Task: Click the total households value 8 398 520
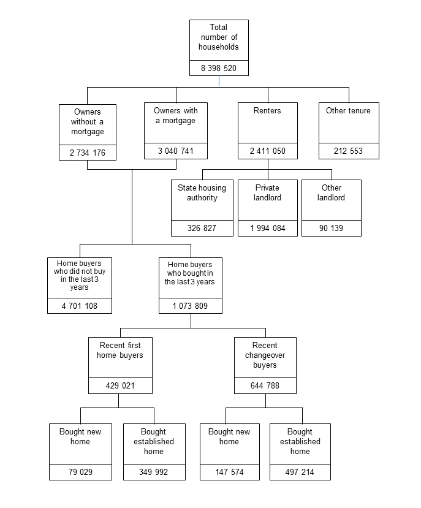tap(219, 68)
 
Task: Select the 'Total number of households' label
tap(219, 37)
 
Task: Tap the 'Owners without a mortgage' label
tap(88, 122)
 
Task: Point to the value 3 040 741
tap(176, 151)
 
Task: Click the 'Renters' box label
tap(267, 111)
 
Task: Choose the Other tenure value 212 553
tap(349, 151)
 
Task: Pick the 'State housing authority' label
tap(202, 193)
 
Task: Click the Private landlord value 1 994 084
tap(267, 229)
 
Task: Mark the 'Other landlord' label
tap(331, 193)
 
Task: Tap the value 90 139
tap(331, 229)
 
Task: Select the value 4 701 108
tap(80, 306)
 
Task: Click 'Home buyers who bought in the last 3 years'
tap(190, 273)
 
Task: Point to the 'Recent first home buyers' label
tap(120, 351)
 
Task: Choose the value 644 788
tap(265, 386)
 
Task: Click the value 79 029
tap(80, 472)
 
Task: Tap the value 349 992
tap(153, 472)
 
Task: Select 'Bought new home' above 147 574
tap(229, 437)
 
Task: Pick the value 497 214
tap(300, 472)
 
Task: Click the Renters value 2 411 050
tap(267, 151)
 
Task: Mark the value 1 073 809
tap(190, 306)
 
